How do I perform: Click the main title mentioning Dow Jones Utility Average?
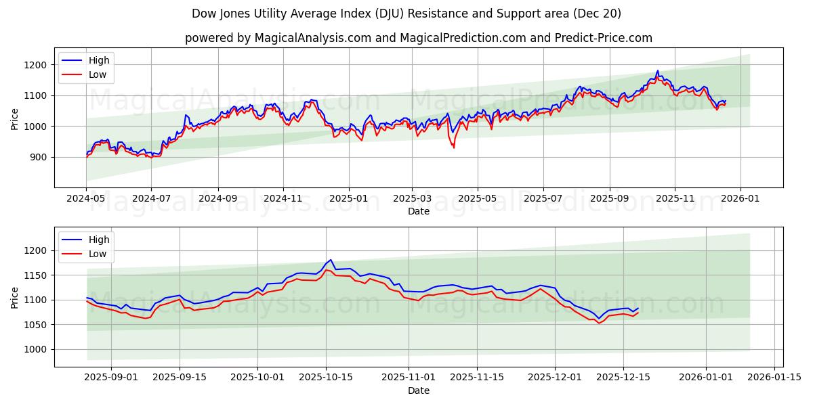tap(406, 14)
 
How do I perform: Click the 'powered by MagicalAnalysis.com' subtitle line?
tap(419, 38)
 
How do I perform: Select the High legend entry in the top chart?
tap(99, 61)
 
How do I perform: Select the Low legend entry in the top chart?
tap(98, 74)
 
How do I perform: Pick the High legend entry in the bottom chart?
tap(99, 240)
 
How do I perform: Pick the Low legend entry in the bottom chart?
tap(98, 254)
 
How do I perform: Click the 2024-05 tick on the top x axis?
tap(86, 200)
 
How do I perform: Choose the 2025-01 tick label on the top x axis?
tap(349, 200)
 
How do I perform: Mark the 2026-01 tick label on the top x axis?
tap(740, 200)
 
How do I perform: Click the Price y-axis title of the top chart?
tap(15, 118)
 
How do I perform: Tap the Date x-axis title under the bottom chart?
tap(419, 390)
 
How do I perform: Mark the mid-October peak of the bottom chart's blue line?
tap(331, 260)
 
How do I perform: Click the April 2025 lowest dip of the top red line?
tap(454, 148)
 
